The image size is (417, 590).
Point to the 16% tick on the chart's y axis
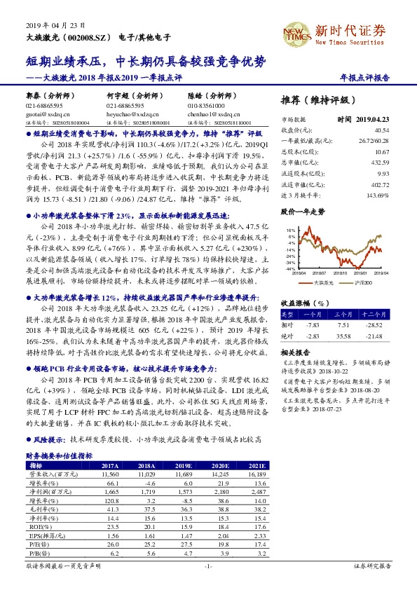pos(289,229)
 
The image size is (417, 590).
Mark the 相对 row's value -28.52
pos(376,324)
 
